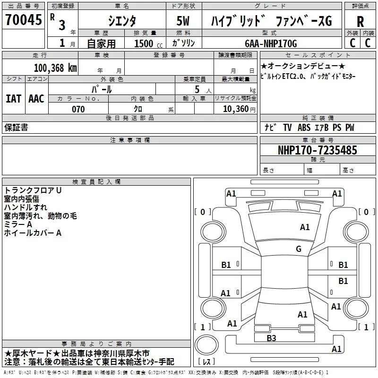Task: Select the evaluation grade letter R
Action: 360,22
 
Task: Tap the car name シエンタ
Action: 121,21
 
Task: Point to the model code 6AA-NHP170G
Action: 271,43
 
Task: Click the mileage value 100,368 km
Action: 55,68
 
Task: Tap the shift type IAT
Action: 13,98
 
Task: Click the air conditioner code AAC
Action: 36,98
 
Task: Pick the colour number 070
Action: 78,109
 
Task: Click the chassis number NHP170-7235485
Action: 317,150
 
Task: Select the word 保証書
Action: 16,128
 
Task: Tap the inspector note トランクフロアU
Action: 33,190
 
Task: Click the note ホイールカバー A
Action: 33,233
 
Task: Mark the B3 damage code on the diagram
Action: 271,338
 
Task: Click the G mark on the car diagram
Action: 298,249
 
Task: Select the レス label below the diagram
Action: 207,362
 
